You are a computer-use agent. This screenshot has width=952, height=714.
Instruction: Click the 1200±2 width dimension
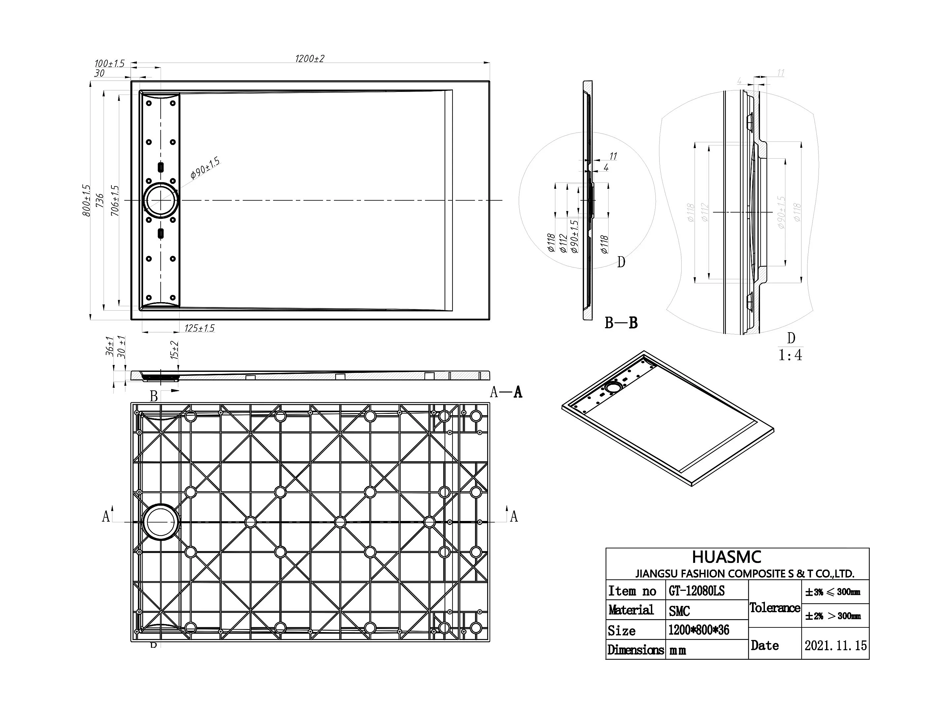point(309,59)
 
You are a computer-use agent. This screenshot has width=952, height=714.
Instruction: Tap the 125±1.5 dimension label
point(199,328)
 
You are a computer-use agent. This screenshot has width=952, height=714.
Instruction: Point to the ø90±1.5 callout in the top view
point(205,168)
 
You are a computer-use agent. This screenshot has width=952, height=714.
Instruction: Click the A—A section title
point(506,392)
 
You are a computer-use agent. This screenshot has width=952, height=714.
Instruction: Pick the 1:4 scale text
point(790,355)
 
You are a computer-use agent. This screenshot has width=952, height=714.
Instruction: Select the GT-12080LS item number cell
point(697,591)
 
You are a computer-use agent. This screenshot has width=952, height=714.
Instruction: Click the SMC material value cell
point(679,611)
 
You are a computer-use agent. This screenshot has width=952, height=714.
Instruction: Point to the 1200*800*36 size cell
point(698,630)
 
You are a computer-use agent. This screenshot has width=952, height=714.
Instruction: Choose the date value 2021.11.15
point(835,646)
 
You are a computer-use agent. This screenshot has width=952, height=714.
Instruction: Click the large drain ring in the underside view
point(161,522)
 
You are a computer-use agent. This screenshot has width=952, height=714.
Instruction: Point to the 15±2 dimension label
point(174,350)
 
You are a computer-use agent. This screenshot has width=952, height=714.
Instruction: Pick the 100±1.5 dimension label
point(109,64)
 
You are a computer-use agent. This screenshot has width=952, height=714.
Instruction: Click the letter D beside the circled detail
point(620,262)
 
